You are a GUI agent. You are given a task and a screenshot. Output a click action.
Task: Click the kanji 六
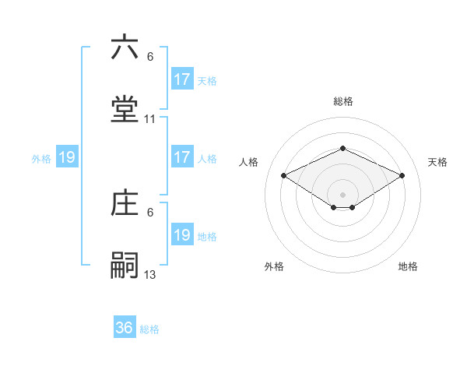click(x=125, y=48)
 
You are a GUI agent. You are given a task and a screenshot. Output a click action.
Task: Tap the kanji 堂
click(x=125, y=110)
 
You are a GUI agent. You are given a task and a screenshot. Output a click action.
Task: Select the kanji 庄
click(x=125, y=203)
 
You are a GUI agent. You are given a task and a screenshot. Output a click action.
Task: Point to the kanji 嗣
click(x=125, y=265)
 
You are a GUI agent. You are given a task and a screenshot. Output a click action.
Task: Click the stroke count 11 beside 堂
click(x=150, y=119)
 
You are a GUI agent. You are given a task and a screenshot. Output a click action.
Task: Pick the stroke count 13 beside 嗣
click(x=150, y=274)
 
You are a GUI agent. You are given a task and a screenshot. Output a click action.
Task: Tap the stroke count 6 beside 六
click(x=150, y=57)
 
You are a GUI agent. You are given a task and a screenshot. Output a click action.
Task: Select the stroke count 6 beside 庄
click(x=150, y=212)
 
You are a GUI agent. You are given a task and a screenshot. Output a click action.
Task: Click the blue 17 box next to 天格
click(x=182, y=79)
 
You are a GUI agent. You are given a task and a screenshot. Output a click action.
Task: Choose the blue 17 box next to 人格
click(x=182, y=157)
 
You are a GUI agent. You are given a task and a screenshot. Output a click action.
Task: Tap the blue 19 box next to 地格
click(x=182, y=235)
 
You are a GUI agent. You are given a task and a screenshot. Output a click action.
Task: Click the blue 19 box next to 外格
click(x=67, y=157)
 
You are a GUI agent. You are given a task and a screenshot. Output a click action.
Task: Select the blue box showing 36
click(x=125, y=328)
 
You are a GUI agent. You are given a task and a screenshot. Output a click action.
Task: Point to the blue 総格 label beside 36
click(x=149, y=329)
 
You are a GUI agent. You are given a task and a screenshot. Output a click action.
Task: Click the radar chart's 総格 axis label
click(x=342, y=101)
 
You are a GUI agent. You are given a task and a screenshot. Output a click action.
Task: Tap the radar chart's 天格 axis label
click(x=437, y=162)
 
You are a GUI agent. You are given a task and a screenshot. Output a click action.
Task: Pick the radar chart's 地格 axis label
click(x=408, y=266)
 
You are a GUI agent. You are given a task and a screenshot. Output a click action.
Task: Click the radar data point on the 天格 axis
click(x=402, y=175)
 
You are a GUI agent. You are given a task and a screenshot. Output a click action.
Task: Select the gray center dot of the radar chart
click(x=342, y=194)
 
